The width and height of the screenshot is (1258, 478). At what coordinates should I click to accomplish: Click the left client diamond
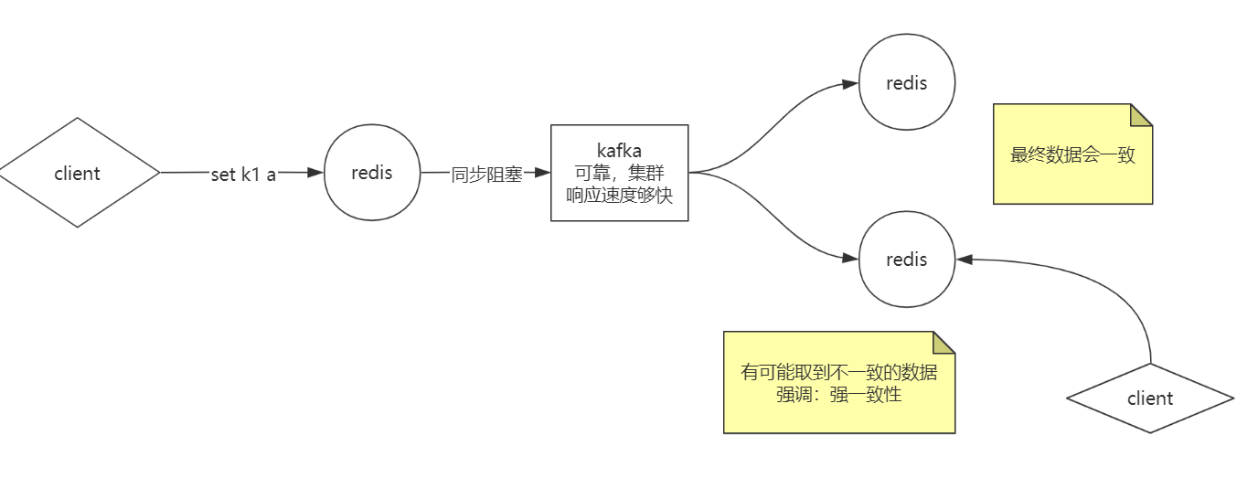click(78, 173)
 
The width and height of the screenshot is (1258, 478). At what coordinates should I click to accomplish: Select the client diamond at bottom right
click(1150, 398)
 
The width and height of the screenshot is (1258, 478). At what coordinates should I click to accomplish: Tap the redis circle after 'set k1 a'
click(371, 173)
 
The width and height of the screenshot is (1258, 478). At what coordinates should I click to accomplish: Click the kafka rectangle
click(619, 173)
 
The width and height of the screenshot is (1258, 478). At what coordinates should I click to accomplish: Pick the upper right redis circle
click(907, 83)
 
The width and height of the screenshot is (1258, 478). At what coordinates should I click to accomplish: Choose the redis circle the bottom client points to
click(907, 260)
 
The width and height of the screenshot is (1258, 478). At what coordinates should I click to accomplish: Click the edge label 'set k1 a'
click(243, 175)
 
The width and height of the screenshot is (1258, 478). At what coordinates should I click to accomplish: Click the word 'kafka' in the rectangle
click(619, 151)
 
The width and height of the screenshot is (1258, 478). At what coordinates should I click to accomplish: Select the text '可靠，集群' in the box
click(619, 173)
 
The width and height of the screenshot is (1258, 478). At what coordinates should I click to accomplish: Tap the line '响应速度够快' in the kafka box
click(619, 194)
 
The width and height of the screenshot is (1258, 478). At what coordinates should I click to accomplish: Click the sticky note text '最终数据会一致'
click(1072, 154)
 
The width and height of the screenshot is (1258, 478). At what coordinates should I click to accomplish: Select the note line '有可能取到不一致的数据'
click(838, 373)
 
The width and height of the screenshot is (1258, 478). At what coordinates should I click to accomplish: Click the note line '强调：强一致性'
click(838, 395)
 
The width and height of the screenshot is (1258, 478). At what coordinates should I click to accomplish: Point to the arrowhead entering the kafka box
click(543, 172)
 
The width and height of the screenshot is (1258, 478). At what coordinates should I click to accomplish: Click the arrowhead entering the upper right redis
click(851, 83)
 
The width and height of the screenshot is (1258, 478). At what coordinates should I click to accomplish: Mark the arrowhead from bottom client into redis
click(964, 260)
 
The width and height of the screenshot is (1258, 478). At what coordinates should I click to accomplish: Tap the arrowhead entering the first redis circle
click(316, 172)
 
